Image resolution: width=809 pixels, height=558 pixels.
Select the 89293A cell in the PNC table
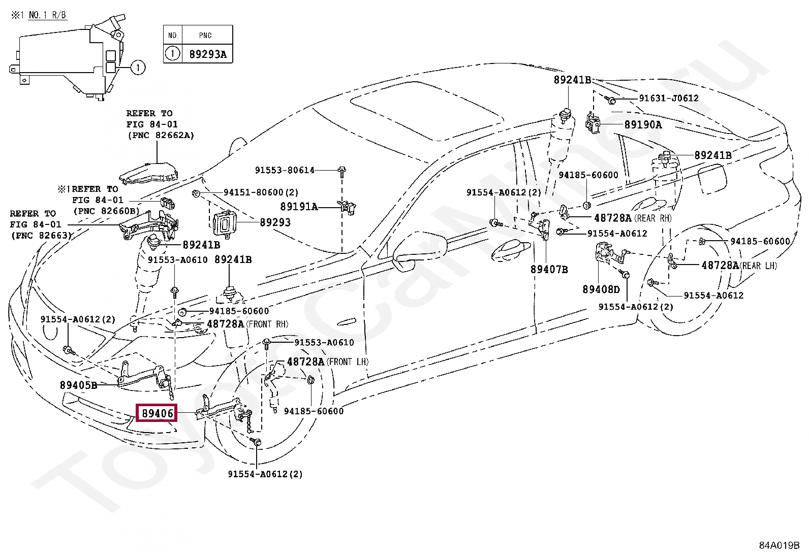[x=207, y=54]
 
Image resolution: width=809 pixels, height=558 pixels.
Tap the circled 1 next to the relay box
[x=138, y=67]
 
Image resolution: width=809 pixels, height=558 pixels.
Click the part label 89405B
[x=78, y=385]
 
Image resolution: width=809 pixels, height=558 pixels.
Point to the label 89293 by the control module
[x=275, y=222]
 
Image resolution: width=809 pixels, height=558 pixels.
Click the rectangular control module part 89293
[x=223, y=223]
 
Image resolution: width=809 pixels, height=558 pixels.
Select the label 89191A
[x=299, y=207]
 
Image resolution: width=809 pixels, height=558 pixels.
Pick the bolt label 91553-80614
[x=285, y=170]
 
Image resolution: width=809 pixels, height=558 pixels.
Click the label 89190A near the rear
[x=643, y=125]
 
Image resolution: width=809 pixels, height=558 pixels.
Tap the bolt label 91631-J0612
[x=668, y=99]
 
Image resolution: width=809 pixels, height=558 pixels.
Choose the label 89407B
[x=549, y=270]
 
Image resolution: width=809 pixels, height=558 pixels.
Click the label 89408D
[x=601, y=289]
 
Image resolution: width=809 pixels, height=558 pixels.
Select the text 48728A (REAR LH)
[x=739, y=266]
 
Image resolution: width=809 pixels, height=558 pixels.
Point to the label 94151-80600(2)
[x=261, y=192]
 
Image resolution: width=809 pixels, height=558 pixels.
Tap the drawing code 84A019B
[x=779, y=545]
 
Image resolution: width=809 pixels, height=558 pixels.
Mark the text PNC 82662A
[x=161, y=136]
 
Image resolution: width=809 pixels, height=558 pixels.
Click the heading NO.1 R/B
[x=47, y=15]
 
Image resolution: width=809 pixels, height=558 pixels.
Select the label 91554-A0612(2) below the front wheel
[x=265, y=474]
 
